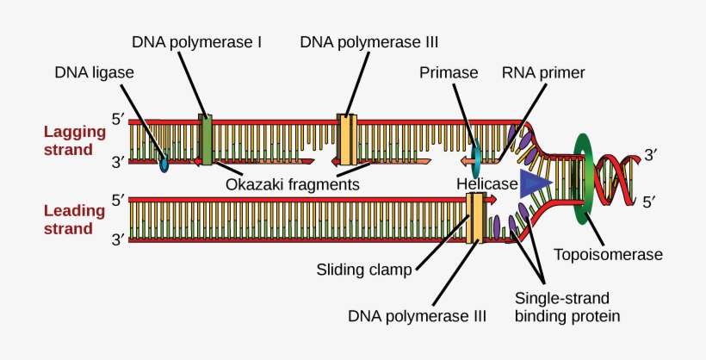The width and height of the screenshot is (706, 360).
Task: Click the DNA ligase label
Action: pyautogui.click(x=93, y=73)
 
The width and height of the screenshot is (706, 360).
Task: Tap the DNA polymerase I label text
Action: pyautogui.click(x=197, y=41)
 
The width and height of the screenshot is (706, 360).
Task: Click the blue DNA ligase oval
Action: pyautogui.click(x=164, y=162)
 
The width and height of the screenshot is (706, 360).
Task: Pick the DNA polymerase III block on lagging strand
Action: pyautogui.click(x=347, y=139)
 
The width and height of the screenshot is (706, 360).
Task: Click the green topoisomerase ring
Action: pyautogui.click(x=586, y=177)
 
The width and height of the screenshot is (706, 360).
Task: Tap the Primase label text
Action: pyautogui.click(x=449, y=73)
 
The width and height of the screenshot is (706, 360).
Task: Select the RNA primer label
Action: pyautogui.click(x=543, y=73)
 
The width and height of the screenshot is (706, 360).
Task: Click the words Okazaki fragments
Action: pyautogui.click(x=292, y=184)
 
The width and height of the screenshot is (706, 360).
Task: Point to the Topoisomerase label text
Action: pyautogui.click(x=609, y=255)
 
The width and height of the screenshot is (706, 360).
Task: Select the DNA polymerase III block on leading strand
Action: pyautogui.click(x=474, y=218)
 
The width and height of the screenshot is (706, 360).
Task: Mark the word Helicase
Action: pyautogui.click(x=486, y=184)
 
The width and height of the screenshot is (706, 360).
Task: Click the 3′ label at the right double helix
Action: pyautogui.click(x=650, y=156)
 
